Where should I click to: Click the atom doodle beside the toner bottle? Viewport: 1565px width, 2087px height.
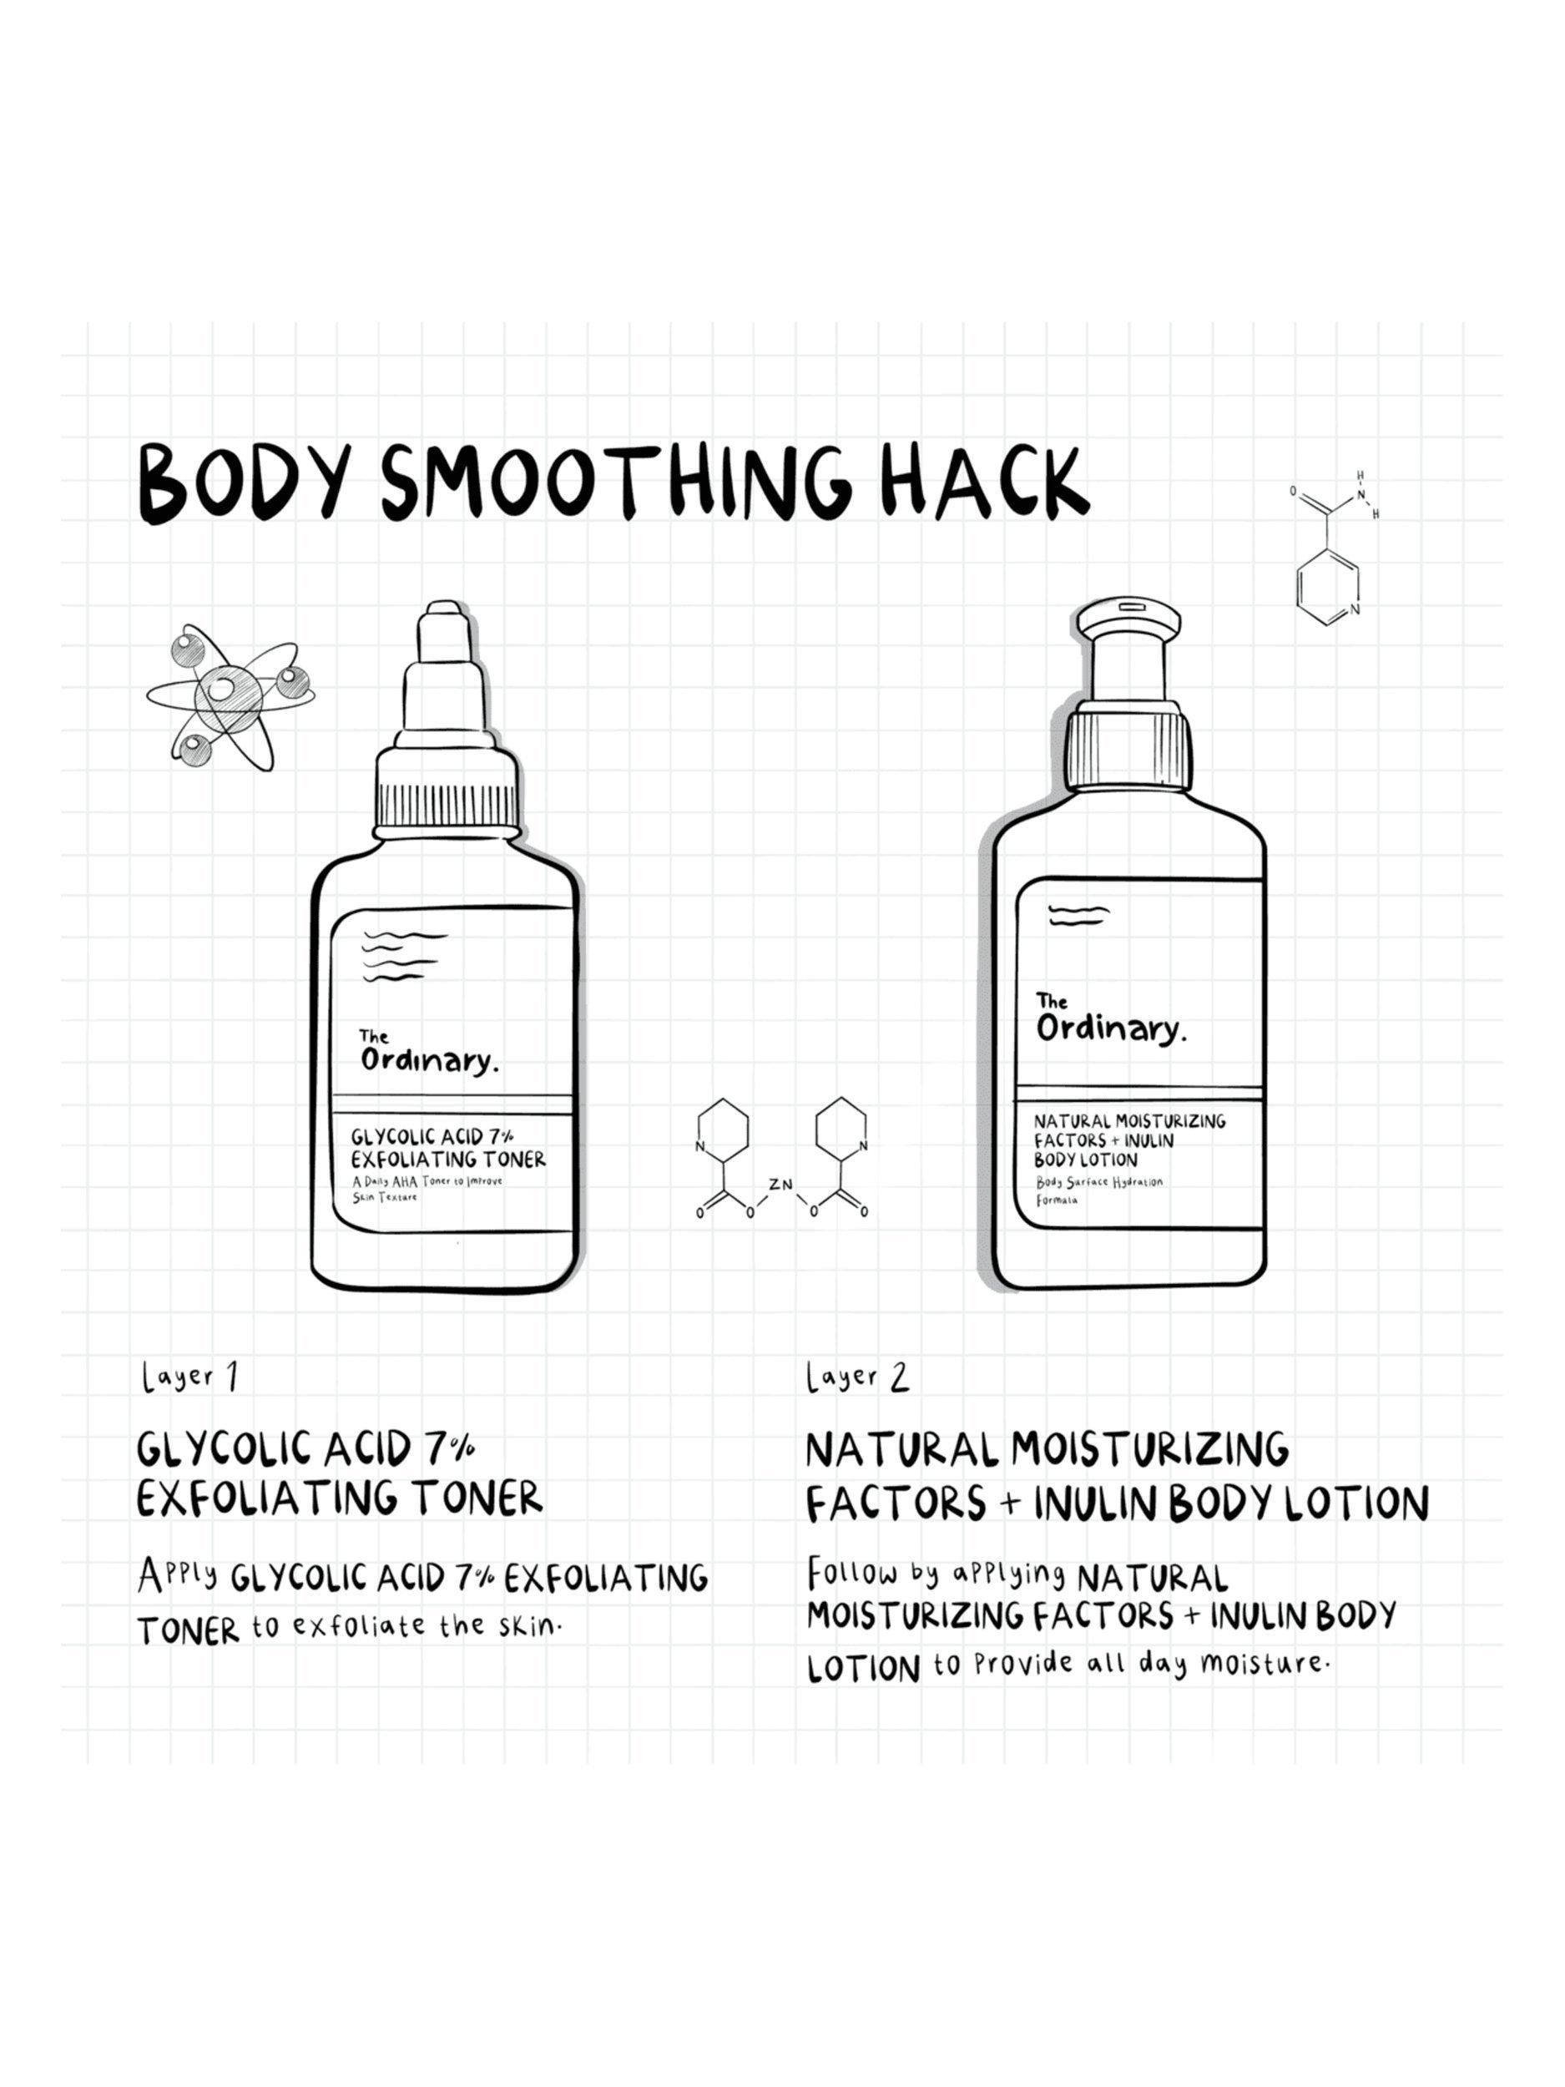coord(230,696)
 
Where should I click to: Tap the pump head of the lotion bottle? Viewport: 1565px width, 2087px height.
coord(1128,622)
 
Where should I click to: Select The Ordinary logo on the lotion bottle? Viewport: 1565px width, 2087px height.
coord(1109,1020)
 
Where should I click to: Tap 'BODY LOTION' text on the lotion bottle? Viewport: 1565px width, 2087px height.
coord(1086,1160)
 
